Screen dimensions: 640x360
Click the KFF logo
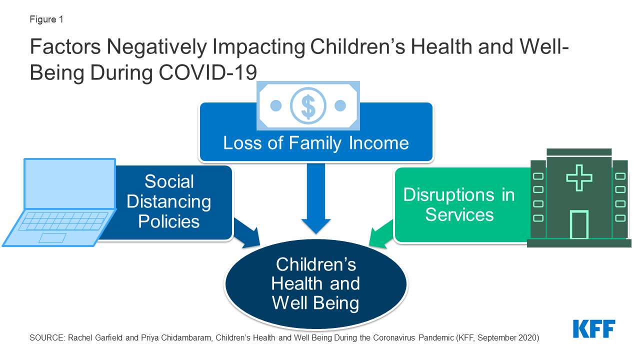594,328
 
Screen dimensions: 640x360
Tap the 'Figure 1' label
46,19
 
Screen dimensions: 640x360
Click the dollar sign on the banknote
308,106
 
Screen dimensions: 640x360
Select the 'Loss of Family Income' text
315,143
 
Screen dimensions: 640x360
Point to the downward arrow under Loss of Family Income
315,198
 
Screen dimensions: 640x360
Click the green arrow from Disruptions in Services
381,233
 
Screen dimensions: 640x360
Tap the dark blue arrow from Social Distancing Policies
247,233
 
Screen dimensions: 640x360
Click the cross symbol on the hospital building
579,177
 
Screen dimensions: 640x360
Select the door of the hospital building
579,224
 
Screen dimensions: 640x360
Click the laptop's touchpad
52,238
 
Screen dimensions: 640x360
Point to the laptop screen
70,183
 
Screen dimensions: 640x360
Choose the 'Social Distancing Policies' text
169,201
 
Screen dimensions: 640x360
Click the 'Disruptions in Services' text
459,204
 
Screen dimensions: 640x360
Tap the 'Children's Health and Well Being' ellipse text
315,283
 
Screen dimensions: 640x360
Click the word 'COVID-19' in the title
207,72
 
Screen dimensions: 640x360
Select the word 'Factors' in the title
65,46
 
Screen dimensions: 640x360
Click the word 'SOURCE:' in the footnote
47,337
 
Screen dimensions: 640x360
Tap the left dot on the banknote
276,105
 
